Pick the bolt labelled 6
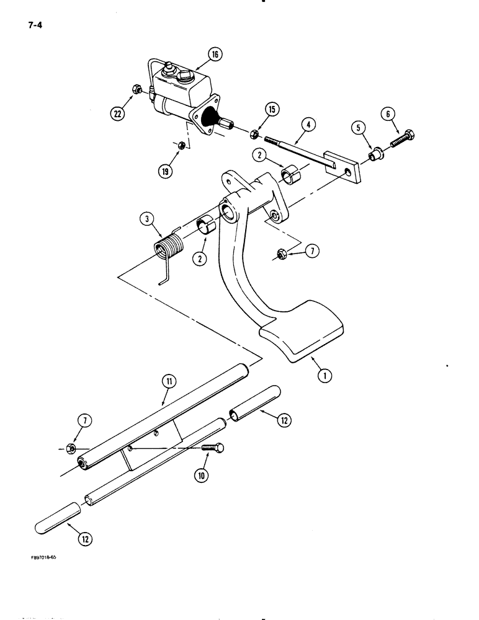coord(403,138)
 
